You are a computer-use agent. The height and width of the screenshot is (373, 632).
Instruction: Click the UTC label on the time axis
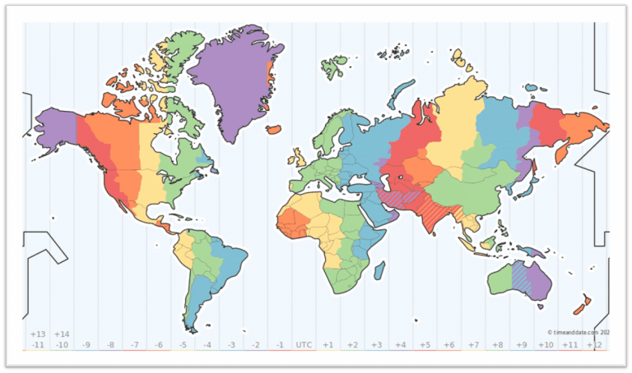304,345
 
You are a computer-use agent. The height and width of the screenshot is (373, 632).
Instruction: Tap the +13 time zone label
37,334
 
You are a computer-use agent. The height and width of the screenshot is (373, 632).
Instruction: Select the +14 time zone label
62,334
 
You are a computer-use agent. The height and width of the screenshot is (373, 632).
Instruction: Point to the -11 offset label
37,345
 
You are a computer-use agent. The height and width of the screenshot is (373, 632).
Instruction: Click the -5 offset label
183,345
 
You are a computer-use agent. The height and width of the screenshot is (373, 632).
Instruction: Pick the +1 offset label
328,345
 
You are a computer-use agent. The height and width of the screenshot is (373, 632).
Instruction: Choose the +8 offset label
496,345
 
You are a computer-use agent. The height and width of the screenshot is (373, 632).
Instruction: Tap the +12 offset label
594,345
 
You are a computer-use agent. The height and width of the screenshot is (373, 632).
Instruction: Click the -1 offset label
280,345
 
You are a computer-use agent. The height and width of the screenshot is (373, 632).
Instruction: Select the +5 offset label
424,345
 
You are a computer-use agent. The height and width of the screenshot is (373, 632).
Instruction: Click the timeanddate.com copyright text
579,332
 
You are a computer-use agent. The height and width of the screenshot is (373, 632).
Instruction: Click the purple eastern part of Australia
539,279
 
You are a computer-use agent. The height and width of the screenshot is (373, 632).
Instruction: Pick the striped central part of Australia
520,275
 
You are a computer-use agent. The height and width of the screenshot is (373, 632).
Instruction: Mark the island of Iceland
275,129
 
